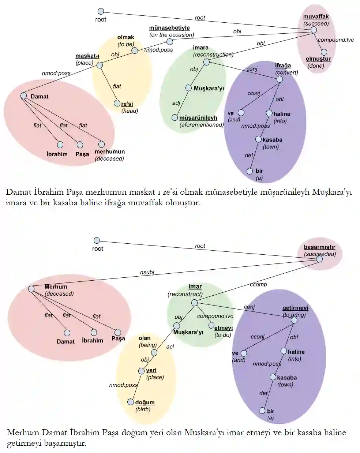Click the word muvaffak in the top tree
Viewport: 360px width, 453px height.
(x=316, y=17)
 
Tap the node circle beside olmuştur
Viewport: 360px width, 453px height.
(x=324, y=52)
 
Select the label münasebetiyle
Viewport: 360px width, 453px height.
(x=169, y=28)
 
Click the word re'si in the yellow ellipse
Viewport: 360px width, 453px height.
(x=127, y=104)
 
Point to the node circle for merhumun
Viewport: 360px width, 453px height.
(x=101, y=144)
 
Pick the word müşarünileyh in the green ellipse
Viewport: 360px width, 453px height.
(x=198, y=118)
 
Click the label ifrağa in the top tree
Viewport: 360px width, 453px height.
(x=283, y=66)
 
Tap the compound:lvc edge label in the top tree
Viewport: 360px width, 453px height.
(x=335, y=40)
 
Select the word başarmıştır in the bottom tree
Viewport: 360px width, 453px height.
(x=319, y=247)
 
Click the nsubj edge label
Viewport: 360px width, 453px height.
(x=147, y=272)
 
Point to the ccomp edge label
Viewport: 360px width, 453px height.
(x=258, y=284)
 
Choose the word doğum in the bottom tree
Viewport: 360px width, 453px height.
(x=145, y=403)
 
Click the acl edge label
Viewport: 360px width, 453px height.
(x=170, y=347)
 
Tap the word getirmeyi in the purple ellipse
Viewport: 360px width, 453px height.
(x=295, y=308)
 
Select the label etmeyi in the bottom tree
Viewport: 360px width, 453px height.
(x=224, y=328)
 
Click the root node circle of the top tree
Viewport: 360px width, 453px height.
(x=101, y=11)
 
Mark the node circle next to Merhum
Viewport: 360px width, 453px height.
(x=31, y=289)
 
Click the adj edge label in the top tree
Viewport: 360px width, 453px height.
(x=176, y=103)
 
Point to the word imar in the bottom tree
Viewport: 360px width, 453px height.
(x=195, y=287)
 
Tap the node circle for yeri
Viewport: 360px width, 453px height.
(x=141, y=371)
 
